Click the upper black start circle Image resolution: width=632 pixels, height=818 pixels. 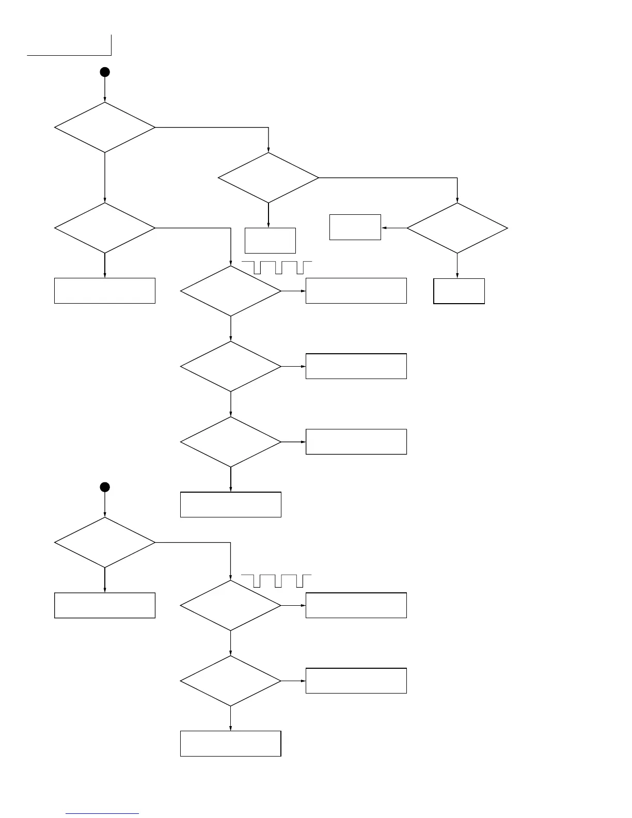point(105,72)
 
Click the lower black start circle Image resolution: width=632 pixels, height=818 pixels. point(105,487)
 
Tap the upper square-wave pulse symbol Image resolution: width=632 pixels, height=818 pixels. point(277,268)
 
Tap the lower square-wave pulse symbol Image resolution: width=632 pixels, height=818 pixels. point(277,580)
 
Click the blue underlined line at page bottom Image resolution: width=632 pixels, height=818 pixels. point(102,814)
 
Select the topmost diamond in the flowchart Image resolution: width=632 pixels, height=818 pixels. point(105,127)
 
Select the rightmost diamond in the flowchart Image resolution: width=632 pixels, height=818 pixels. point(457,228)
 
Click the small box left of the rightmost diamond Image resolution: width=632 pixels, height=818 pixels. point(355,227)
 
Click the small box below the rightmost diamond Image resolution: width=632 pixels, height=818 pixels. point(459,291)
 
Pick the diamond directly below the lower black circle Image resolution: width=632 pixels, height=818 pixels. point(105,542)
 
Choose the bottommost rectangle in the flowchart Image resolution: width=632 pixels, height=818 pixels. point(230,744)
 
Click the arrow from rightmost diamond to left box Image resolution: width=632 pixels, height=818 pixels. point(394,228)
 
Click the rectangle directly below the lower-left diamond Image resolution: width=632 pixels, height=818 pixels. point(105,605)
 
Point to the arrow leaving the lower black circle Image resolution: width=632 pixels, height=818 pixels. point(105,505)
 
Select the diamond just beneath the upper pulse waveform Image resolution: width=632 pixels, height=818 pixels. point(231,291)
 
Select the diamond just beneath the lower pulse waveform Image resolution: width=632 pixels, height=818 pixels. point(231,605)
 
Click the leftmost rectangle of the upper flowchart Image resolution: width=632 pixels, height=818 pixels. point(105,291)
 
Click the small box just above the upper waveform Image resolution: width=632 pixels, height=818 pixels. point(270,240)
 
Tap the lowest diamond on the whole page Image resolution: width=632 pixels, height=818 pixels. point(231,681)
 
